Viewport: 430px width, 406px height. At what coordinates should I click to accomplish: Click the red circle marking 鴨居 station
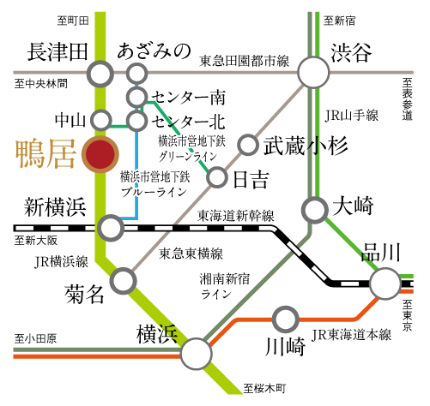[x=100, y=154]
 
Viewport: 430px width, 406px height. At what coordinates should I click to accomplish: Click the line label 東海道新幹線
[x=236, y=216]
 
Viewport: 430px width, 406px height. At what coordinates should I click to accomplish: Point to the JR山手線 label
[x=352, y=116]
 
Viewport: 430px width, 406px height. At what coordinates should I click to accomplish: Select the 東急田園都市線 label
[x=244, y=61]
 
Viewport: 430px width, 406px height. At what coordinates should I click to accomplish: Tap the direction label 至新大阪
[x=36, y=241]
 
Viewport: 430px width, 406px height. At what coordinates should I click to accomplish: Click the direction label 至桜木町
[x=264, y=389]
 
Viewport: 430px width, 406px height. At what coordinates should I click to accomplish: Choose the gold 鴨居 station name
[x=45, y=153]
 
